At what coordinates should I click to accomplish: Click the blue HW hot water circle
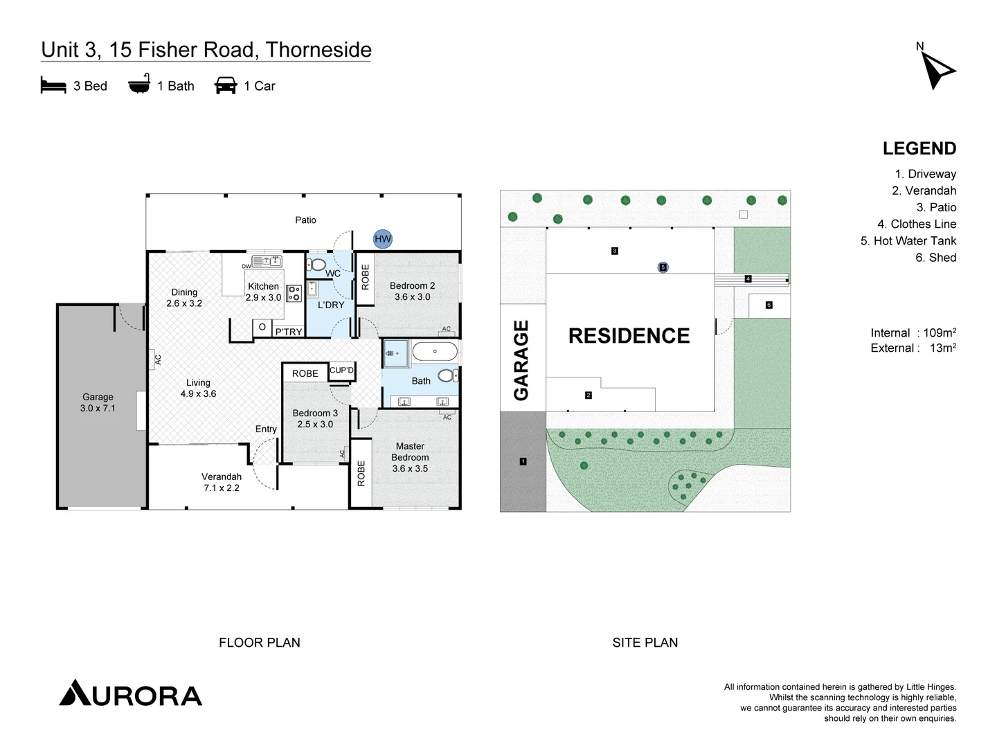[x=383, y=239]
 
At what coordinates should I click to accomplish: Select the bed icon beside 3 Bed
[x=53, y=85]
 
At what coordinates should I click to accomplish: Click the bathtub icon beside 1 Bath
[x=139, y=84]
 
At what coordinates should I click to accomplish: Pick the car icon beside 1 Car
[x=226, y=85]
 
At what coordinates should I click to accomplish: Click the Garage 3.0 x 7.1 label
[x=98, y=402]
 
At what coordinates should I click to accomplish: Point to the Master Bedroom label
[x=410, y=457]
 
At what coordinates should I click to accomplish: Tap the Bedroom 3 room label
[x=315, y=418]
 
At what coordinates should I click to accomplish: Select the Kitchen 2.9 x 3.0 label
[x=263, y=292]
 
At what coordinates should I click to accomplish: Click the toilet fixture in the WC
[x=317, y=265]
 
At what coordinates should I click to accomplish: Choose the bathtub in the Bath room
[x=435, y=352]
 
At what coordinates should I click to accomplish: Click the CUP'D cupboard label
[x=341, y=371]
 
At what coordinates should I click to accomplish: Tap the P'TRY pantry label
[x=289, y=332]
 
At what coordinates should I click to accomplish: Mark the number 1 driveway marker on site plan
[x=523, y=461]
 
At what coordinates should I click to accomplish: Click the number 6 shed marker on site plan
[x=769, y=305]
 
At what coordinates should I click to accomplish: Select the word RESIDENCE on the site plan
[x=629, y=336]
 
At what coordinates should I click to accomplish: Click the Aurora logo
[x=131, y=693]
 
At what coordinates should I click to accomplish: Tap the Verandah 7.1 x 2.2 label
[x=222, y=482]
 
